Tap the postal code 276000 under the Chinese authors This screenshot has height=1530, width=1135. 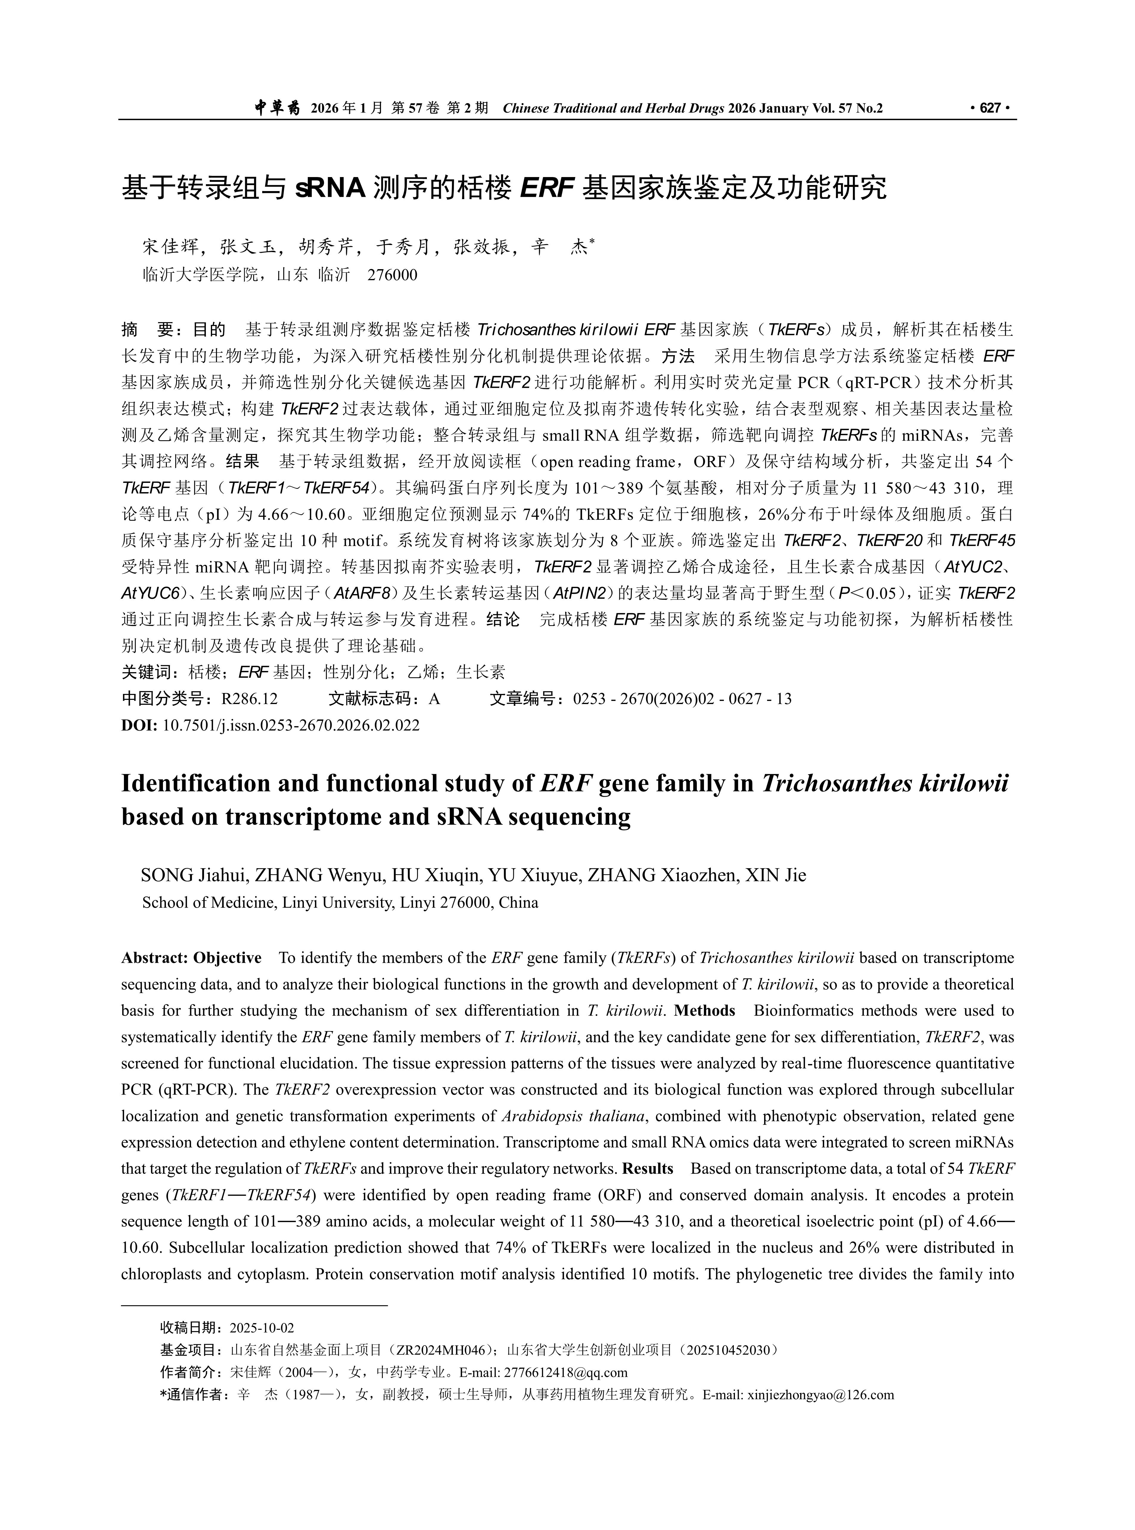[392, 275]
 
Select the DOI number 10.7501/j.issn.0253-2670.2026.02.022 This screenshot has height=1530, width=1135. [291, 725]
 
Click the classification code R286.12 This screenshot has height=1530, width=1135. [249, 699]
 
